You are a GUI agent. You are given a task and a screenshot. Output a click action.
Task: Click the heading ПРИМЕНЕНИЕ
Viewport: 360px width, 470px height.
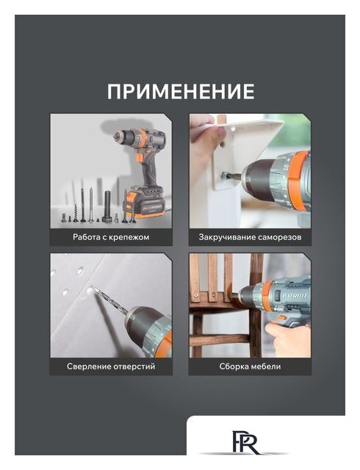tap(181, 91)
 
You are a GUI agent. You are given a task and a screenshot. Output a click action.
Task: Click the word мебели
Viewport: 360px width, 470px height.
tap(267, 366)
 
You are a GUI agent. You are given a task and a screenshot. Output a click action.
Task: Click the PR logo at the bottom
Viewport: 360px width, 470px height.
tap(246, 441)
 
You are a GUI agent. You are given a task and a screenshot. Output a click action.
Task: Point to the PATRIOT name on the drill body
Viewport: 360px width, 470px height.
tap(295, 296)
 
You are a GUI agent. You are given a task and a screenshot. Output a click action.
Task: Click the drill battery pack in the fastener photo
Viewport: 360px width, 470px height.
tap(145, 203)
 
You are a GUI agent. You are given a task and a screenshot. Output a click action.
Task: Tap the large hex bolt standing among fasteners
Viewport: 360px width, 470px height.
tap(107, 206)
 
